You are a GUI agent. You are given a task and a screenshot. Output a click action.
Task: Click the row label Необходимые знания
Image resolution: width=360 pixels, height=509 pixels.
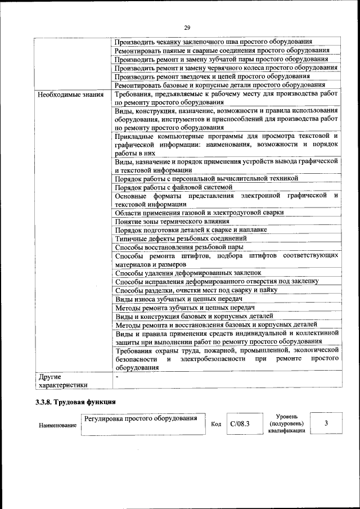click(x=62, y=94)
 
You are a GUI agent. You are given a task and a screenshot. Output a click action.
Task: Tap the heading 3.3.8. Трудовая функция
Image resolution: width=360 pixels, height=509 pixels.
click(x=75, y=402)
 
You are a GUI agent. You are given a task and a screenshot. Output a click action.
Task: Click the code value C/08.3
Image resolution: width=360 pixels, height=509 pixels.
click(x=240, y=424)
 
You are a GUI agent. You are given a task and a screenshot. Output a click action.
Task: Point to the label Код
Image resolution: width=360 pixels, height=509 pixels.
click(x=215, y=424)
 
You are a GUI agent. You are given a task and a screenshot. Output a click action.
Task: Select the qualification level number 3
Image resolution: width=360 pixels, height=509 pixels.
click(x=326, y=423)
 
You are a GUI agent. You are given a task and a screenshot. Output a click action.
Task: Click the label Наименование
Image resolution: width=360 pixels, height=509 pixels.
click(x=57, y=425)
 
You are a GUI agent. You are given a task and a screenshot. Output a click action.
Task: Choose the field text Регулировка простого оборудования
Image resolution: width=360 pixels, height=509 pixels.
click(x=141, y=418)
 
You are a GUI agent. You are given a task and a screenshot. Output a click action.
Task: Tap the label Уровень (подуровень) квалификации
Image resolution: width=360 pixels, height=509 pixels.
click(x=286, y=423)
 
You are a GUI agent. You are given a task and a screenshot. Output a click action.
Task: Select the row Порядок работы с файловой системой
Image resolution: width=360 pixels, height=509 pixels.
click(x=173, y=187)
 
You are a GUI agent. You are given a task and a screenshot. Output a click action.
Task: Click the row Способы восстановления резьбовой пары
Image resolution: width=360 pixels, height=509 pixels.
click(x=179, y=246)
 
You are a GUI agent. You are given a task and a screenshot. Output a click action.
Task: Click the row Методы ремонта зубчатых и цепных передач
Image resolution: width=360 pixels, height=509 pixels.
click(x=185, y=308)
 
